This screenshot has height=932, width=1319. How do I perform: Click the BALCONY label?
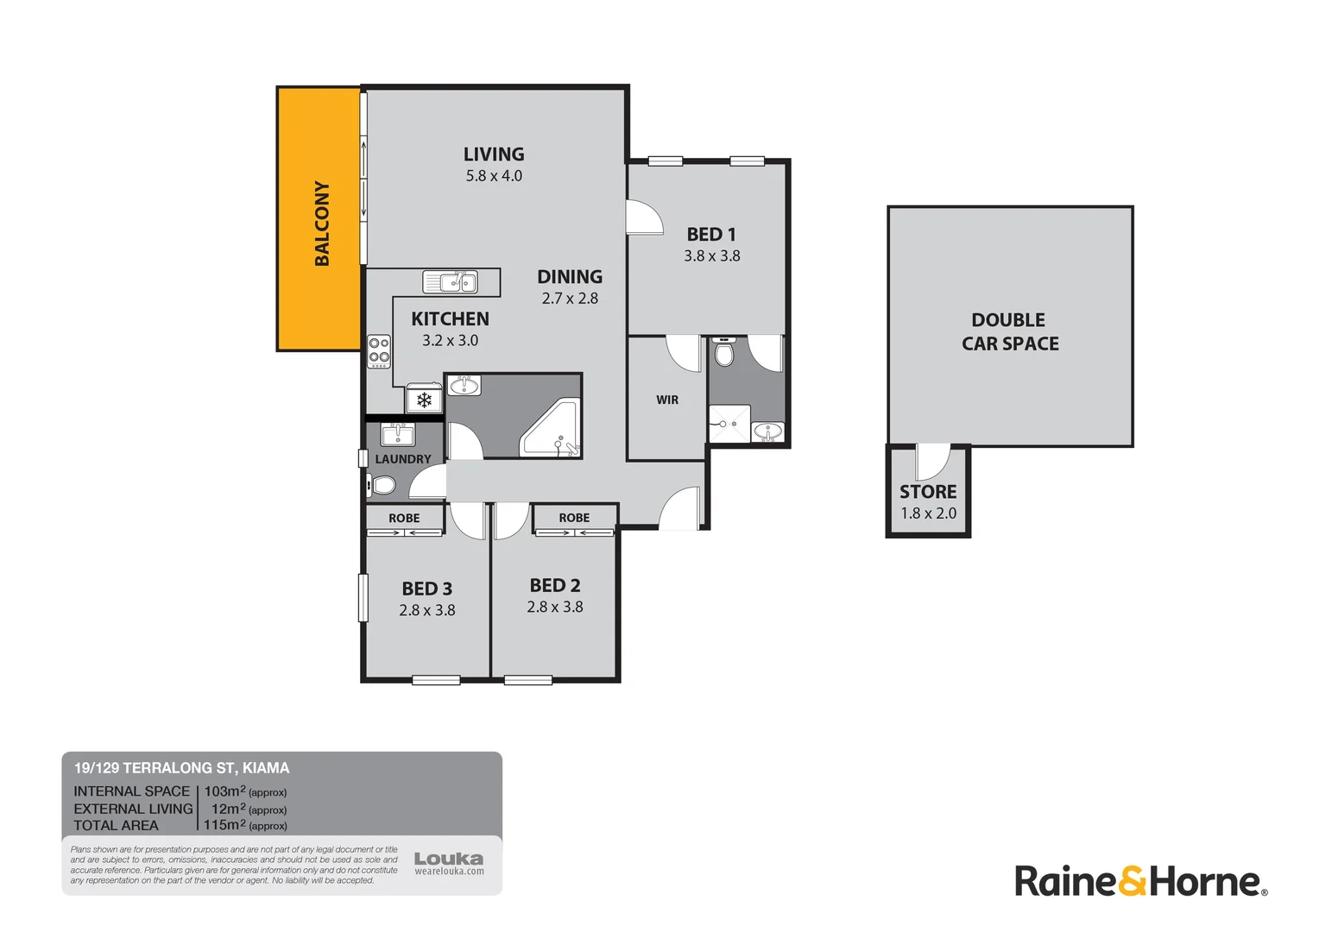click(x=322, y=223)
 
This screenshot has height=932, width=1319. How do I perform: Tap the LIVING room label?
click(x=494, y=154)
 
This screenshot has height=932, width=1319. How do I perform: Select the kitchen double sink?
click(x=450, y=281)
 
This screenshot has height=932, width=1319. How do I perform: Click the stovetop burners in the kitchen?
click(x=379, y=350)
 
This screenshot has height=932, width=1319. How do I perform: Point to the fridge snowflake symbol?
click(x=424, y=400)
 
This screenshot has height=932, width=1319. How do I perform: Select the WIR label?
click(x=667, y=400)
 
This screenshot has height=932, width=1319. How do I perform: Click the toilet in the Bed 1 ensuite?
click(x=724, y=353)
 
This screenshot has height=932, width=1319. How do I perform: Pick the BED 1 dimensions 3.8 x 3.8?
click(x=712, y=255)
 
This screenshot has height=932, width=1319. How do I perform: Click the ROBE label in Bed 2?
click(x=574, y=518)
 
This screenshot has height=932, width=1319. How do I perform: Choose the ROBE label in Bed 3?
click(x=404, y=518)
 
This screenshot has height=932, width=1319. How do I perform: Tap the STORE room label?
click(x=928, y=492)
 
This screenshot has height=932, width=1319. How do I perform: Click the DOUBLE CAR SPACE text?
click(x=1010, y=331)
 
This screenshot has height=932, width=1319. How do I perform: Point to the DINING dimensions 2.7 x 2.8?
click(x=570, y=299)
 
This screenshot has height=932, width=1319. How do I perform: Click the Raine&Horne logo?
click(x=1140, y=881)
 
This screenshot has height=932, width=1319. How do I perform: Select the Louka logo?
click(x=449, y=862)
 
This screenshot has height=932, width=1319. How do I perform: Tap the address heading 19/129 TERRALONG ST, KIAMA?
click(x=181, y=768)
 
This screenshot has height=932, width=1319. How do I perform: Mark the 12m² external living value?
click(x=228, y=809)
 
